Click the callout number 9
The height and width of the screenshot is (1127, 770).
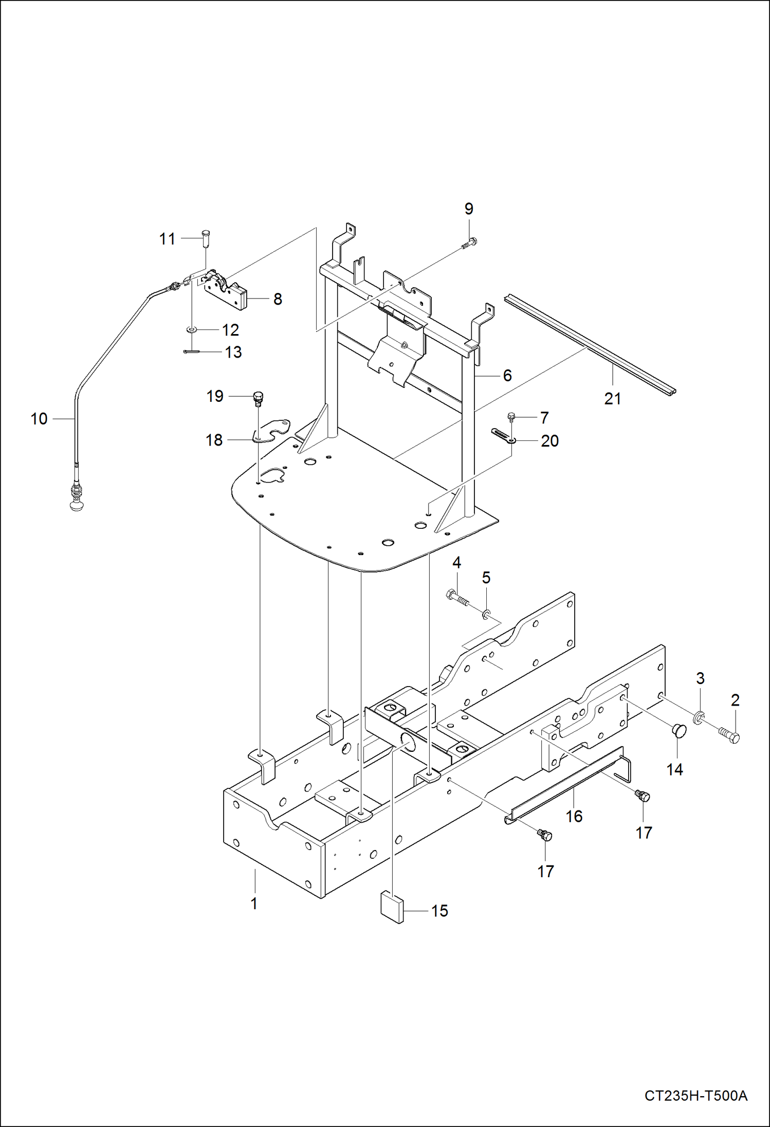pos(468,209)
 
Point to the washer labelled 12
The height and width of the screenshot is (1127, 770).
pos(192,329)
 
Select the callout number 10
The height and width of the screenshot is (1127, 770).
pos(39,419)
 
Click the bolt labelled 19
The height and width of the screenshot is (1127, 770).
pos(258,397)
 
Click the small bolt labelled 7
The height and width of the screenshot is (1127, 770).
pos(511,417)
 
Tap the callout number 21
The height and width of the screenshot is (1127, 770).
pos(612,399)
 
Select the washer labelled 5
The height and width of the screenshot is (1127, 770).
pos(486,613)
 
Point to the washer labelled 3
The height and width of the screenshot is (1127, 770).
pos(700,716)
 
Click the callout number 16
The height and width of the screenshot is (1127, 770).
pos(574,816)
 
